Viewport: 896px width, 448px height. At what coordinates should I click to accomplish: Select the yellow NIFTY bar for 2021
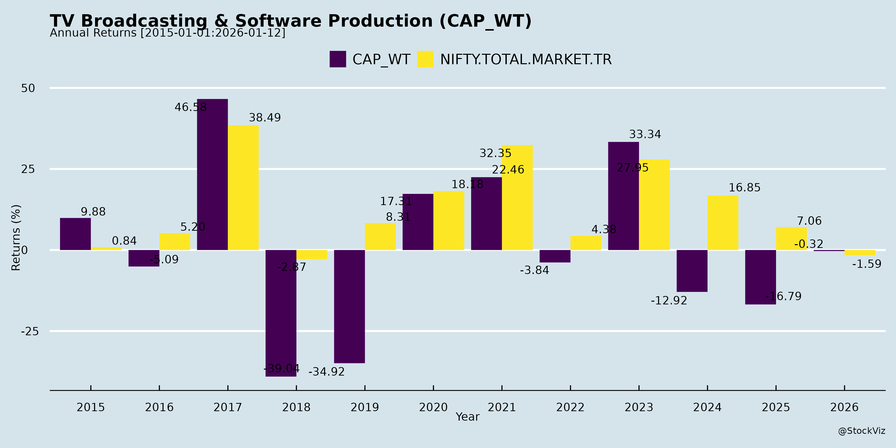(x=517, y=198)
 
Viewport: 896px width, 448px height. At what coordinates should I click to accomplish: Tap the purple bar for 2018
(x=281, y=313)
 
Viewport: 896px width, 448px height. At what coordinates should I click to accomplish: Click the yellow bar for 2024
(x=723, y=223)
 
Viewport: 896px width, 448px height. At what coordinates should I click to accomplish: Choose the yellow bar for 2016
(x=175, y=241)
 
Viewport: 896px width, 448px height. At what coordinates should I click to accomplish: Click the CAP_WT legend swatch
(x=338, y=59)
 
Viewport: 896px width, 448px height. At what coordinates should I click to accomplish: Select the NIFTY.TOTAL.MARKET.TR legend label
(x=526, y=59)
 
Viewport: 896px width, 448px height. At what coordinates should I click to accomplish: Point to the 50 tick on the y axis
(x=28, y=88)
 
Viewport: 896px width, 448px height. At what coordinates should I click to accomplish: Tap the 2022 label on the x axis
(x=570, y=407)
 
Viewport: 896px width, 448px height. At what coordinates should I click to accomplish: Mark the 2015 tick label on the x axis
(x=91, y=407)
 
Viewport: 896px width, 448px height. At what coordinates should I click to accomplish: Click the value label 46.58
(x=191, y=107)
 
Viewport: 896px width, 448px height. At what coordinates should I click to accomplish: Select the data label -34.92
(x=326, y=372)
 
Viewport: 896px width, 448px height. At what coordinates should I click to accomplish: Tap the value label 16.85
(x=744, y=188)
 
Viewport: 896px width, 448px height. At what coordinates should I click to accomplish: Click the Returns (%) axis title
(x=16, y=238)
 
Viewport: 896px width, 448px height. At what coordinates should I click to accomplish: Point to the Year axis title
(x=467, y=417)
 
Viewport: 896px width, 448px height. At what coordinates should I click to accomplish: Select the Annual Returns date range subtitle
(x=167, y=33)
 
